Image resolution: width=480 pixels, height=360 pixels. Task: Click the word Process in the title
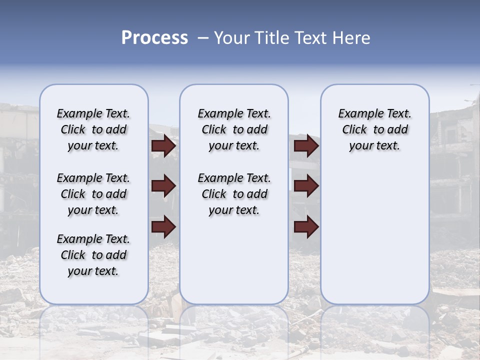[154, 38]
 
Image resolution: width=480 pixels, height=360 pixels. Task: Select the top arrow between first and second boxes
[163, 146]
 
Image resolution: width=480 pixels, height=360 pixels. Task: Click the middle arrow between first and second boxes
[163, 186]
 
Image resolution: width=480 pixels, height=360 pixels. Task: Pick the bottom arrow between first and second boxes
[163, 226]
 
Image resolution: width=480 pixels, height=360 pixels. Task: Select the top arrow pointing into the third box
[306, 146]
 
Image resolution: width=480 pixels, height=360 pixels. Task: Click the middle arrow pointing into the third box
[306, 186]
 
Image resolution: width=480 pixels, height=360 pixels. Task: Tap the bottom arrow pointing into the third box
[306, 226]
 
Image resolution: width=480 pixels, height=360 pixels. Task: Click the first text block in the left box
[93, 129]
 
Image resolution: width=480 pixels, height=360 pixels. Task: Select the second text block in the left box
[93, 194]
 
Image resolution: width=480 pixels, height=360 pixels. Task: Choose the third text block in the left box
[93, 255]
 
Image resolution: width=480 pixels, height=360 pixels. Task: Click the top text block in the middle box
[234, 129]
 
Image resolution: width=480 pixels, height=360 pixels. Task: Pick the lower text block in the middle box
[234, 194]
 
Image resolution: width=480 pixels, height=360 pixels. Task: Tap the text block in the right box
[374, 129]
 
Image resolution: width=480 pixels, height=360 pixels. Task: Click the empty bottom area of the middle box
[234, 265]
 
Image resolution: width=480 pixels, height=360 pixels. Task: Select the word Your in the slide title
[229, 38]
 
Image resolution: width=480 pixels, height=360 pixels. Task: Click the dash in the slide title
[202, 38]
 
